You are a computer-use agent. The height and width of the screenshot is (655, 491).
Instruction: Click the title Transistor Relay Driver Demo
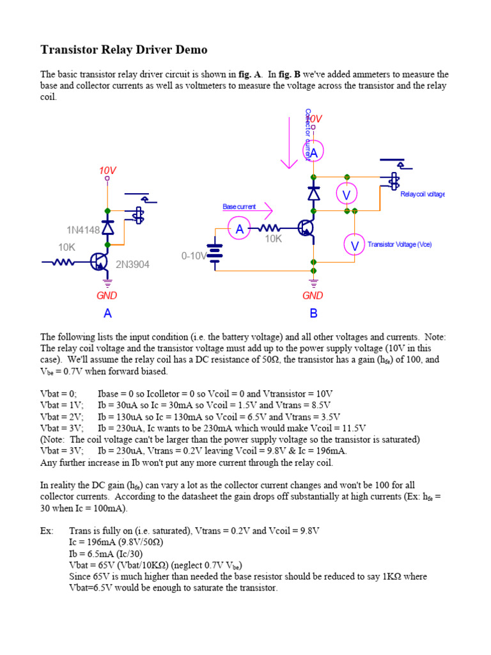point(124,49)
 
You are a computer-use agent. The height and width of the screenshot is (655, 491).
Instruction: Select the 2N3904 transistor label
point(132,264)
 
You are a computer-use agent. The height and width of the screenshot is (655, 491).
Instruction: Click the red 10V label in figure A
point(107,171)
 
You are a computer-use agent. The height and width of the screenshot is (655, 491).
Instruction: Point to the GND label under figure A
point(107,296)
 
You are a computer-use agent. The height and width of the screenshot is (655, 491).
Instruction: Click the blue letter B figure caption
point(313,313)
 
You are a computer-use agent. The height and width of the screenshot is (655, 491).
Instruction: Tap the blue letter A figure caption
point(107,313)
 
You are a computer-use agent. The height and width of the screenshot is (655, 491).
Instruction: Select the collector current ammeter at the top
point(313,152)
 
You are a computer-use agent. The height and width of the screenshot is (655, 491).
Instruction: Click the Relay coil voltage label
point(422,194)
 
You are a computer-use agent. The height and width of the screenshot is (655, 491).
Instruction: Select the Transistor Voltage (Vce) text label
point(400,244)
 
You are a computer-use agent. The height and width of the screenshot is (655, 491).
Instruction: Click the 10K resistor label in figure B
point(274,239)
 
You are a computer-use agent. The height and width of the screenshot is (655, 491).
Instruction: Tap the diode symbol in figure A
point(107,225)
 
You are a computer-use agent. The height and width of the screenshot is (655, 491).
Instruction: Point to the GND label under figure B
point(313,296)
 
